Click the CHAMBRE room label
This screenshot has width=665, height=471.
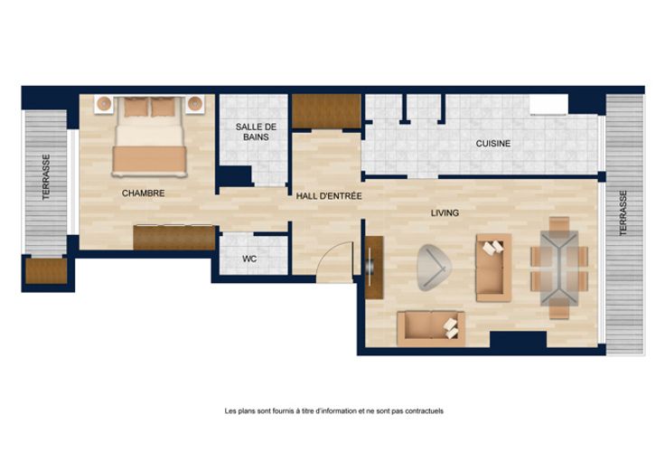point(143,193)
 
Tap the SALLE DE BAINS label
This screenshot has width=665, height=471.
point(256,132)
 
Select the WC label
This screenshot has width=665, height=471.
point(249,259)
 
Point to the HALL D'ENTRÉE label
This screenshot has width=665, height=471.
point(329,196)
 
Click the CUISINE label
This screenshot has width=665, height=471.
point(492,144)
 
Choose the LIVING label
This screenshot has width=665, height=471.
point(445,212)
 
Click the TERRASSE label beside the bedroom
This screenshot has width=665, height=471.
point(46,176)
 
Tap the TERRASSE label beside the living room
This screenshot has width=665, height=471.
point(623,213)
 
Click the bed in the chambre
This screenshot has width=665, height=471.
point(149,137)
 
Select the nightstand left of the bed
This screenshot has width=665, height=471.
point(104,104)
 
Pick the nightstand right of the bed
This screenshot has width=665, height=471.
point(194,104)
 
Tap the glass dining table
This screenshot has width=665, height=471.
point(559,268)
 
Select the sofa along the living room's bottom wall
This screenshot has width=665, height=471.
point(431,328)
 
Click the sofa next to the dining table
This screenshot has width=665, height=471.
point(493,268)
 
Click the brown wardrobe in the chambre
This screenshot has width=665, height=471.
point(174,238)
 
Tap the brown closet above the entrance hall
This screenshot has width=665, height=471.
point(326,111)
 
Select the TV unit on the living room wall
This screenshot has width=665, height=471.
point(374,268)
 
